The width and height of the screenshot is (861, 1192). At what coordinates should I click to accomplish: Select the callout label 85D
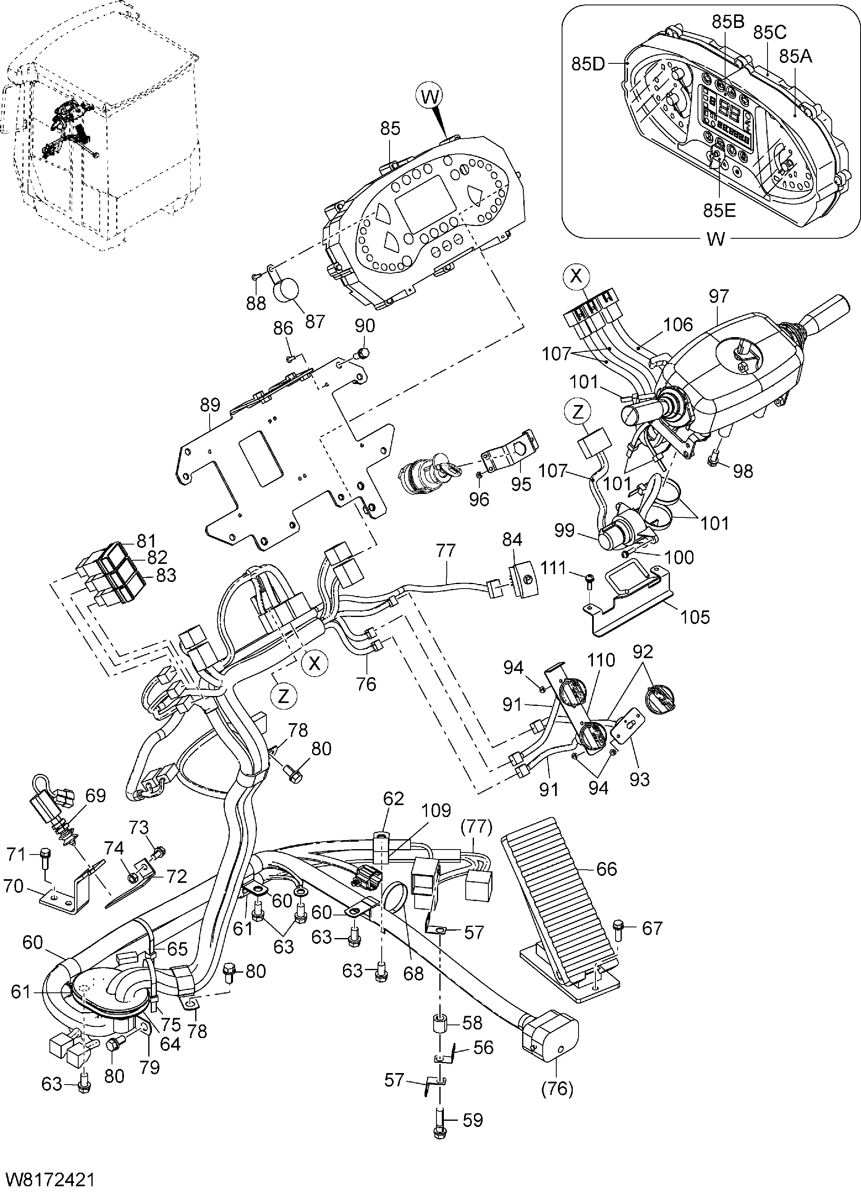588,64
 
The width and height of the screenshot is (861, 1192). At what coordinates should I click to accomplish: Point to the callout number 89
210,405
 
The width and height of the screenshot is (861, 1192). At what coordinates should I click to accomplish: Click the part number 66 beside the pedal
606,869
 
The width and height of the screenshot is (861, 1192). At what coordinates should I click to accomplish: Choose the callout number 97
719,296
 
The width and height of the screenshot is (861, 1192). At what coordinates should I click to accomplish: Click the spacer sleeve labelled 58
439,1024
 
